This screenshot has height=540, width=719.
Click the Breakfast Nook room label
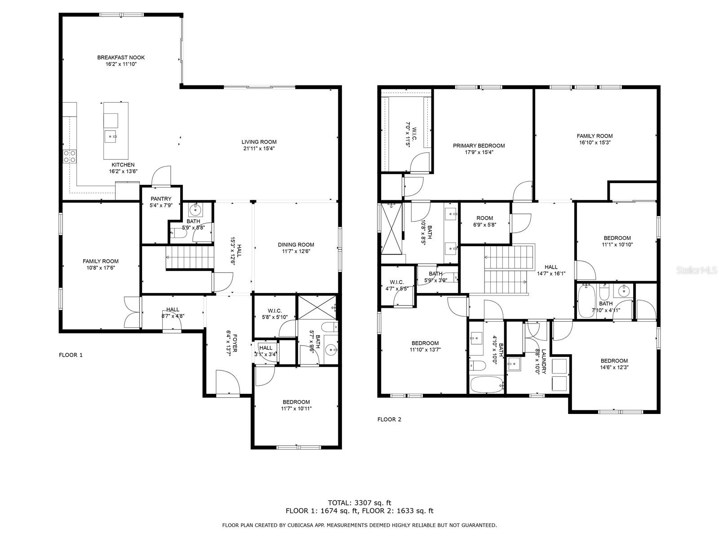pos(121,58)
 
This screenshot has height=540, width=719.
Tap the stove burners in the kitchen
pos(70,156)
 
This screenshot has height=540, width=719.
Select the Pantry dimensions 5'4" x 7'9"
pos(160,206)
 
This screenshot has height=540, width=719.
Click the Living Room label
pos(259,142)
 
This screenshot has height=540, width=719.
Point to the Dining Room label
pos(296,245)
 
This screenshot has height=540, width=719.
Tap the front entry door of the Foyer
pos(227,382)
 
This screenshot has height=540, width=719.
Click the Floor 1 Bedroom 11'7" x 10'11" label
pos(296,402)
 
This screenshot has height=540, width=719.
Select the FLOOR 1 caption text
pos(71,355)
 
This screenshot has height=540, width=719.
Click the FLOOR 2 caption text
pos(389,419)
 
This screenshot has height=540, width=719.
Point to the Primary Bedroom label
pos(479,145)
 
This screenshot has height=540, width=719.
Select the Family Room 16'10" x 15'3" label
pos(595,136)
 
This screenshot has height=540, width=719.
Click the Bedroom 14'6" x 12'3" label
pos(614,361)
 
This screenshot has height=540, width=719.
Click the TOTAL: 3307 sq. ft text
pos(359,503)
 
